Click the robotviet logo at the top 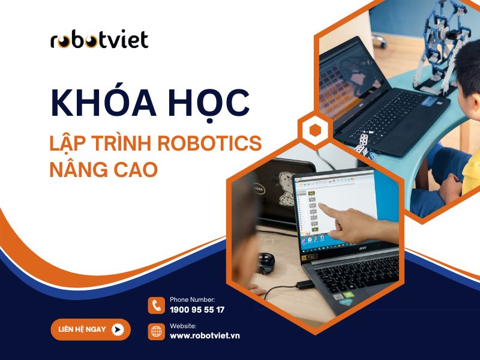click(100, 40)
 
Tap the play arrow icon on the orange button click(118, 329)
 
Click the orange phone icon click(157, 305)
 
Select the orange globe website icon click(157, 331)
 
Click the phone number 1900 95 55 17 click(197, 310)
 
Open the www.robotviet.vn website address click(205, 335)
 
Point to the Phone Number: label click(192, 299)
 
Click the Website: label click(182, 325)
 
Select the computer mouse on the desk click(265, 260)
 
